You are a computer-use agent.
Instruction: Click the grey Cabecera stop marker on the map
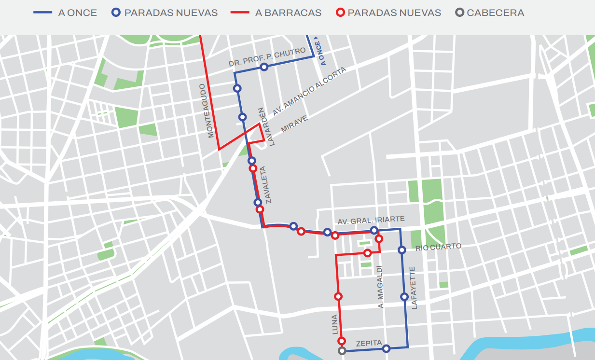(x=342, y=351)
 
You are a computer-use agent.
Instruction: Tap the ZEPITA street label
(x=369, y=344)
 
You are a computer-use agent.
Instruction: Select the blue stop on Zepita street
(x=386, y=348)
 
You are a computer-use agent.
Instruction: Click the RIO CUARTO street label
(x=438, y=247)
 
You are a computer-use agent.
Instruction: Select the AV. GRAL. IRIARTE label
(x=371, y=220)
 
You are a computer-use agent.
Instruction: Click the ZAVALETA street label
(x=269, y=185)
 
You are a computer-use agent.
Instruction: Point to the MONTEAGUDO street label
(x=207, y=111)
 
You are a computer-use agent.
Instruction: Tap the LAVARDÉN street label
(x=267, y=126)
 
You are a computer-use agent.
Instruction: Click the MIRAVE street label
(x=294, y=124)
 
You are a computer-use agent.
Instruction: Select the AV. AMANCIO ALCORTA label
(x=309, y=91)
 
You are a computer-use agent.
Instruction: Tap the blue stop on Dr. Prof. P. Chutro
(x=264, y=67)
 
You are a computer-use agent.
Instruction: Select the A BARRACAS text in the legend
(x=288, y=13)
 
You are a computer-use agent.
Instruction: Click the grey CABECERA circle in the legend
(x=459, y=13)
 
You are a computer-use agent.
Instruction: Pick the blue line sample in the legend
(x=42, y=13)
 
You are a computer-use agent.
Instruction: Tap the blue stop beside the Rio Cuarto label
(x=401, y=250)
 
